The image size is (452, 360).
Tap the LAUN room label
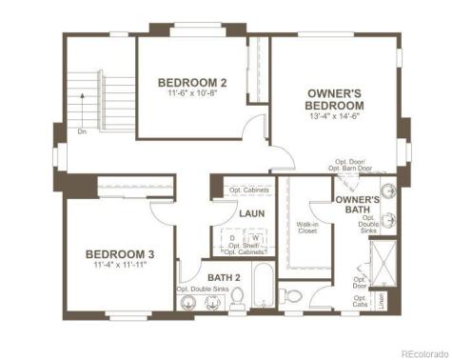[250, 214]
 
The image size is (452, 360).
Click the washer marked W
[255, 238]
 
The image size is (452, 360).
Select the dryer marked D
[232, 238]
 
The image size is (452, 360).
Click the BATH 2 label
[225, 277]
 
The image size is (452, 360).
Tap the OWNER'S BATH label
[358, 204]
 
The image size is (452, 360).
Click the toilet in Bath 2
[234, 302]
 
